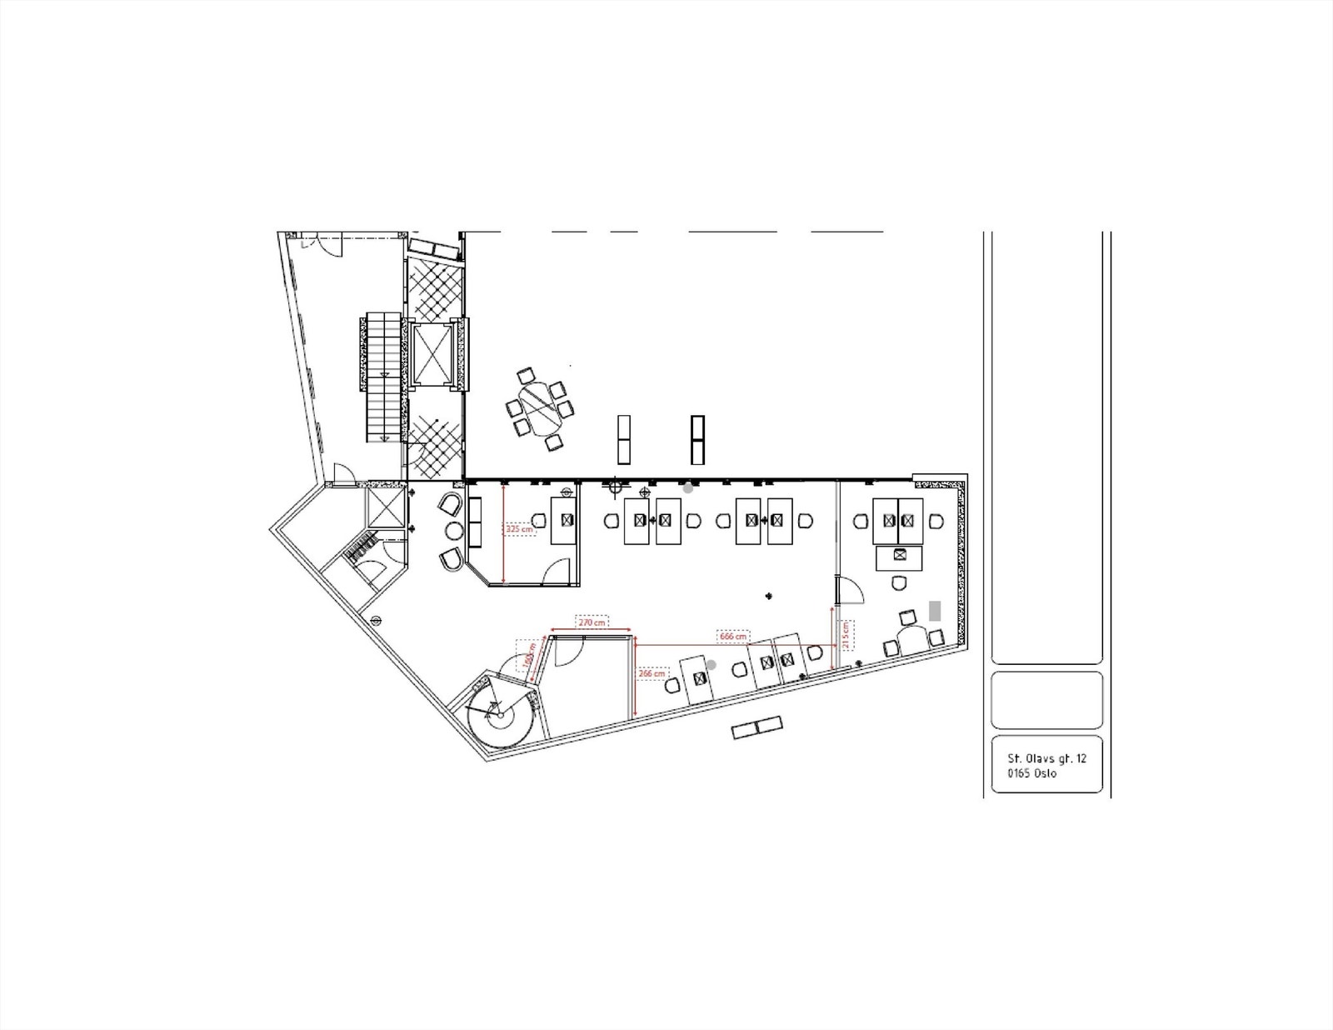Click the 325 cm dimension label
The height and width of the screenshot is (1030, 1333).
[x=519, y=528]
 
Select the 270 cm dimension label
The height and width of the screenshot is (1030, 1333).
[x=592, y=622]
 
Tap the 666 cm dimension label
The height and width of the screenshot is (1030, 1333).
[x=732, y=637]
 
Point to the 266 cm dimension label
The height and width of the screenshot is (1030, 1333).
[x=652, y=673]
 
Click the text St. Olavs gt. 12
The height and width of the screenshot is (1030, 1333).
[x=1046, y=758]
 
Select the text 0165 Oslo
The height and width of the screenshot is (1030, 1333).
[x=1031, y=773]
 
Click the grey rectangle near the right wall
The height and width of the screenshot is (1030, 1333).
[x=935, y=611]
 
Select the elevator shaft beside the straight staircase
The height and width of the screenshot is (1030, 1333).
[x=432, y=353]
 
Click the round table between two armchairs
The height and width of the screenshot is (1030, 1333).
[x=455, y=531]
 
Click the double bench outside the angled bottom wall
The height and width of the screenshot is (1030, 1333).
[x=756, y=727]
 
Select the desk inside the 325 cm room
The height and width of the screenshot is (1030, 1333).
[x=565, y=521]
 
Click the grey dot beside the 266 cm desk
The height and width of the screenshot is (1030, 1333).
[x=711, y=664]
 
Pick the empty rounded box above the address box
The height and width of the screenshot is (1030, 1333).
[x=1046, y=700]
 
